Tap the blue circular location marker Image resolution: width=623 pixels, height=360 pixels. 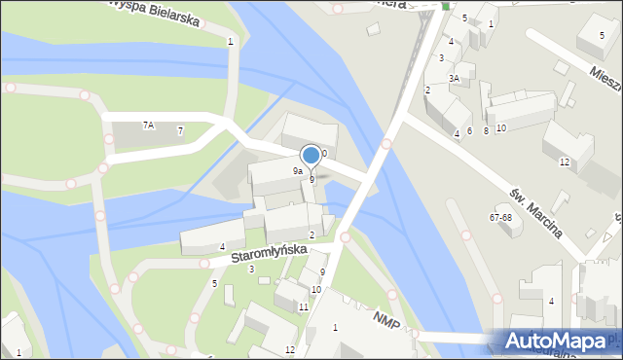(x=311, y=155)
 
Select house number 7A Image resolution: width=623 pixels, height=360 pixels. (x=148, y=125)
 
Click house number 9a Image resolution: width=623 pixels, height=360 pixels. (x=298, y=170)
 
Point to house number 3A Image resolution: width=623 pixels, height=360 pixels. (x=454, y=78)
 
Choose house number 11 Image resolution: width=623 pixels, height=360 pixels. (x=304, y=306)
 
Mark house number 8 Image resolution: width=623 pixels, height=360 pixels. (x=486, y=130)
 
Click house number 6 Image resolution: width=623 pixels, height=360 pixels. (x=469, y=130)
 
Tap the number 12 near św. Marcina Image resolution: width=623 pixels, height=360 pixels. (x=565, y=162)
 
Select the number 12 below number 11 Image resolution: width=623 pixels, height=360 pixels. (x=289, y=349)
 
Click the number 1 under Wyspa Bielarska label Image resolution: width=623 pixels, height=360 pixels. (x=230, y=41)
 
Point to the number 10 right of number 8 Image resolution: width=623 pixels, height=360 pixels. (x=500, y=128)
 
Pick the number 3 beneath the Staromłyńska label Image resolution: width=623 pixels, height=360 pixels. (x=251, y=270)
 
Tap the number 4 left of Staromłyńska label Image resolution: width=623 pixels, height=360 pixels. (x=222, y=247)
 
